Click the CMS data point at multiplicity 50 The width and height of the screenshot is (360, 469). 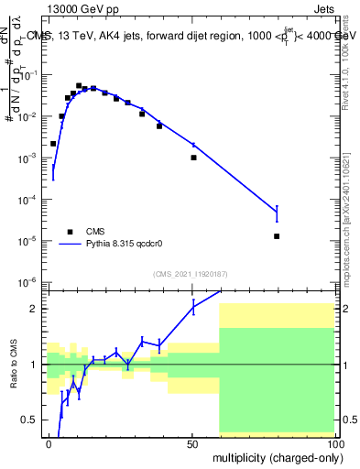[193, 158]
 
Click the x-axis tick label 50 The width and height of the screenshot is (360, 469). [193, 443]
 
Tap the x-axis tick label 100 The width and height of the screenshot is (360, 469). [334, 443]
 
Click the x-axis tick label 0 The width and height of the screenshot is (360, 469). [49, 443]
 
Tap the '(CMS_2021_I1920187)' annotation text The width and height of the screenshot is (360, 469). [191, 273]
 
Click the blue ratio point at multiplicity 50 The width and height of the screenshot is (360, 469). [193, 307]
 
